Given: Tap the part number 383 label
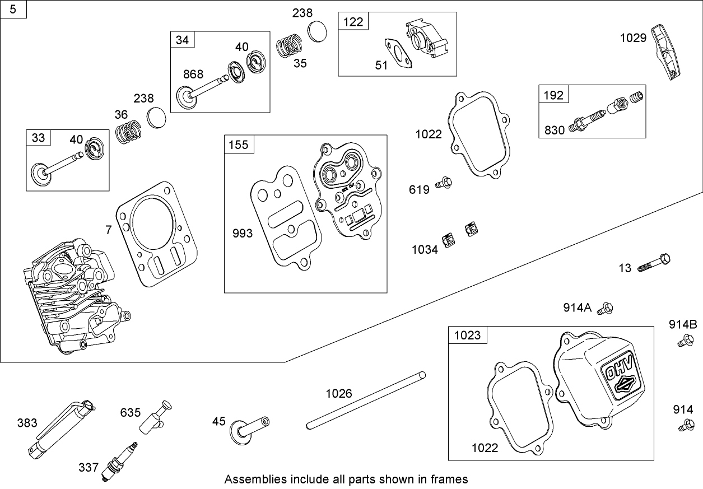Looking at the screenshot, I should (x=27, y=422).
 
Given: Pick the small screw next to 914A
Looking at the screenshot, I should (x=605, y=308).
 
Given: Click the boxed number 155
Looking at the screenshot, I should (x=238, y=145).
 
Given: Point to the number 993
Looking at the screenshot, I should (x=243, y=234).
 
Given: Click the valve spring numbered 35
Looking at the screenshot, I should (x=290, y=44).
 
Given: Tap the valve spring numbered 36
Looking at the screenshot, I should (x=128, y=133).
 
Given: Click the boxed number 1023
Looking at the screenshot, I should (x=467, y=335).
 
